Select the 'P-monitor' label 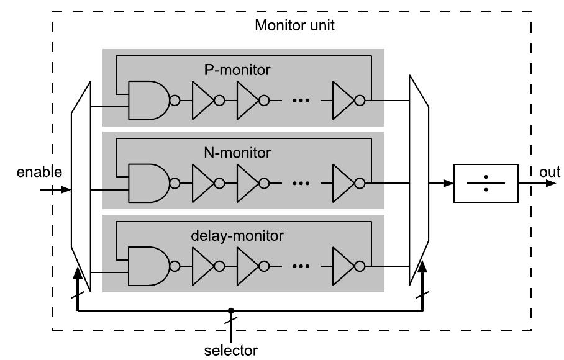(237, 70)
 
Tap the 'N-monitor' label (237, 153)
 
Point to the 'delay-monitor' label (237, 236)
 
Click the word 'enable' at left (39, 172)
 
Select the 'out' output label (550, 172)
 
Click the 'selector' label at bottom (231, 350)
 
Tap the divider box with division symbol (486, 184)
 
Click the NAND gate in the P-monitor (148, 101)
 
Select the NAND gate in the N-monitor (148, 183)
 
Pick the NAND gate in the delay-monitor (148, 266)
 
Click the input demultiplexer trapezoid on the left (81, 186)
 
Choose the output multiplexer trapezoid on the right (419, 180)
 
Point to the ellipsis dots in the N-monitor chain (301, 183)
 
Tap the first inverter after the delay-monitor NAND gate (202, 266)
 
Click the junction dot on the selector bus (230, 311)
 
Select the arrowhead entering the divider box (448, 184)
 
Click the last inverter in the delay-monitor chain (343, 266)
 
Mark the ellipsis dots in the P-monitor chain (301, 101)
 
